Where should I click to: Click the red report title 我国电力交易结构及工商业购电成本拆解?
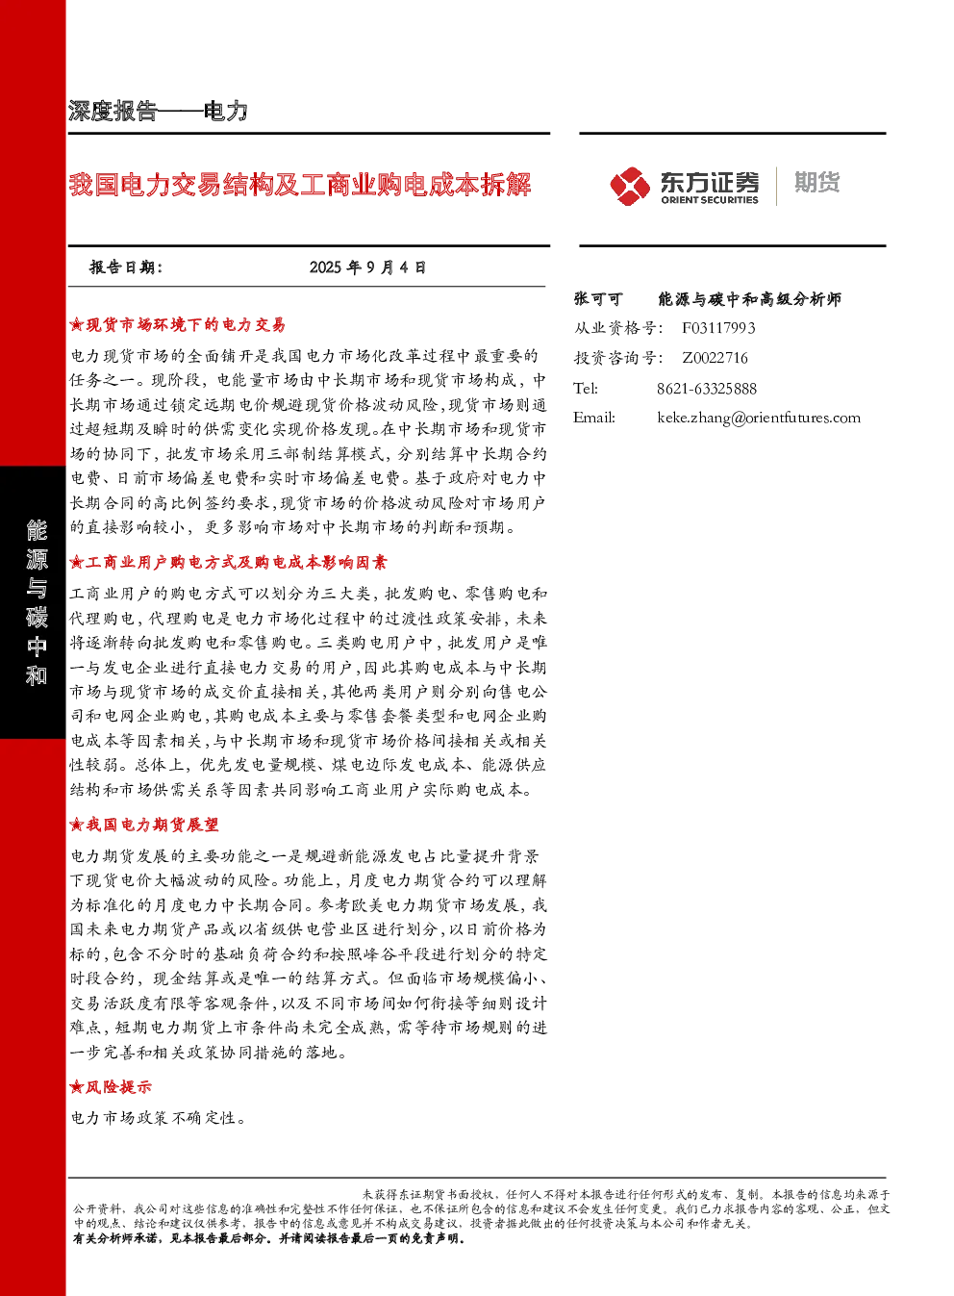299,185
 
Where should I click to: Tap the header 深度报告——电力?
158,111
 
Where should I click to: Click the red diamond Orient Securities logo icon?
630,187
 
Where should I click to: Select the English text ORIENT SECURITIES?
710,200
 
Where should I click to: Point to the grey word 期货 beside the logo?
817,182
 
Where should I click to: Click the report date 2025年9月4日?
367,267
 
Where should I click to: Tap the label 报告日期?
126,267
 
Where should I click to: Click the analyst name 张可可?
598,299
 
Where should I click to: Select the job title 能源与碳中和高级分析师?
749,299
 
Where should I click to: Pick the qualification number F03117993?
718,329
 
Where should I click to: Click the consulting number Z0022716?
715,358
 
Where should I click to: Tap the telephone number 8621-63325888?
707,389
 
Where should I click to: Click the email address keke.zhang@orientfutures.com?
759,418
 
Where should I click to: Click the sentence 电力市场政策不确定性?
158,1118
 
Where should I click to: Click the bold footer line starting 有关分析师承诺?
269,1238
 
